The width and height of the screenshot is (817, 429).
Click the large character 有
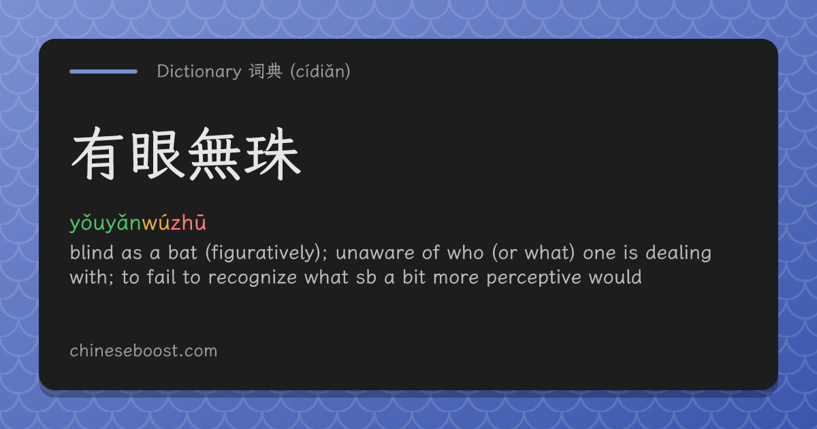(97, 154)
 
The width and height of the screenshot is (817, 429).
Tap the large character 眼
(156, 154)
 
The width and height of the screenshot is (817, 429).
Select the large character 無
(214, 154)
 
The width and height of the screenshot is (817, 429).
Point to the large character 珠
(272, 154)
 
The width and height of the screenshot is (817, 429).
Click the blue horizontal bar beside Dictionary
(103, 71)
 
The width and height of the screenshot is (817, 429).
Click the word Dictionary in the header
(199, 71)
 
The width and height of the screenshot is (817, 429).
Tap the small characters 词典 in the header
(266, 71)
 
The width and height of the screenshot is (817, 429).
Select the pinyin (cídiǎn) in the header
(320, 71)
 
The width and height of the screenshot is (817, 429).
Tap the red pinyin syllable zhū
(189, 223)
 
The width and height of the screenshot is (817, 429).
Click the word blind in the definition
(91, 253)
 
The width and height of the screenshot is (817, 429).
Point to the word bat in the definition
(182, 253)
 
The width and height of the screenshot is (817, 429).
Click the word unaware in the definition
(375, 253)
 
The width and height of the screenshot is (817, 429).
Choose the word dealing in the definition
(678, 253)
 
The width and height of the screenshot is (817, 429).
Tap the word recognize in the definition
(253, 278)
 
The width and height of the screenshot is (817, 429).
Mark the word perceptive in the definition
(534, 278)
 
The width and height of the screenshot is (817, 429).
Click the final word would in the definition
(615, 277)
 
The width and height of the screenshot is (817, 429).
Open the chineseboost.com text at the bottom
(144, 351)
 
